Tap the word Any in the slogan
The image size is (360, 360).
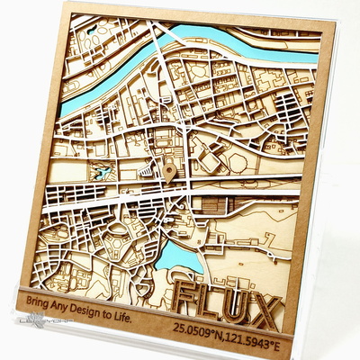(x=66, y=306)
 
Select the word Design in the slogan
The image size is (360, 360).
(x=94, y=310)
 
